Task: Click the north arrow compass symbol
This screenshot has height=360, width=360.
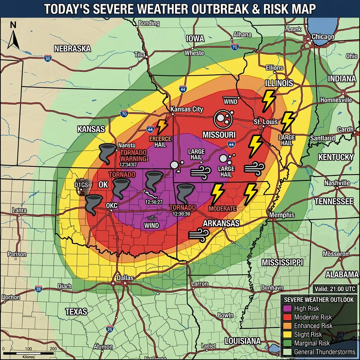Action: pyautogui.click(x=13, y=36)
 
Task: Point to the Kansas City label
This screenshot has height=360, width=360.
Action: pyautogui.click(x=187, y=109)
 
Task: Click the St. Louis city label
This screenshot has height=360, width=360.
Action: pyautogui.click(x=265, y=122)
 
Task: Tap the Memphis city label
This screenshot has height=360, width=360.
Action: pyautogui.click(x=282, y=215)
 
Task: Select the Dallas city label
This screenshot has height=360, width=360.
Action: pyautogui.click(x=125, y=278)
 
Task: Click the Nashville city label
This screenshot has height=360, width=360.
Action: pyautogui.click(x=337, y=183)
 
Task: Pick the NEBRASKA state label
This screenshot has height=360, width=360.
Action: pyautogui.click(x=72, y=49)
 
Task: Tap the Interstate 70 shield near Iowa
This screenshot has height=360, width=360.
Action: pyautogui.click(x=235, y=46)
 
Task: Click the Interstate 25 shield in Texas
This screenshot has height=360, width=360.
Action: pyautogui.click(x=110, y=329)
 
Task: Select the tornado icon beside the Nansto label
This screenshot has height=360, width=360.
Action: pyautogui.click(x=107, y=153)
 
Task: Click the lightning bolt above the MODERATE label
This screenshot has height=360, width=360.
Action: pyautogui.click(x=218, y=193)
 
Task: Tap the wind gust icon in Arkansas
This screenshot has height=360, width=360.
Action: pyautogui.click(x=199, y=235)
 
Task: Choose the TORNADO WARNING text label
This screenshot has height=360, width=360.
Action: pyautogui.click(x=133, y=156)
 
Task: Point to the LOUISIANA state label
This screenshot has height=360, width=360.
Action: pyautogui.click(x=243, y=341)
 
